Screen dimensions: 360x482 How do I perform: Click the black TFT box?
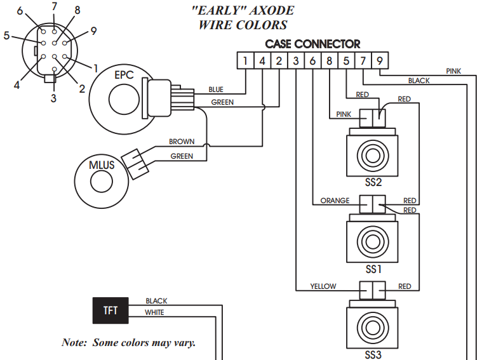(x=110, y=311)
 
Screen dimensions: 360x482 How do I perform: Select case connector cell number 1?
(x=245, y=62)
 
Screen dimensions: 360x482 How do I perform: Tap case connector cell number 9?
(x=379, y=62)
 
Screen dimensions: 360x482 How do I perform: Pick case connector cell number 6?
(x=312, y=62)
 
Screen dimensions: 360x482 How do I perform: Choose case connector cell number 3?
(x=296, y=62)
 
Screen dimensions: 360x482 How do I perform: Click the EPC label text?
(x=124, y=75)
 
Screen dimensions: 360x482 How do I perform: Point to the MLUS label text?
(x=102, y=165)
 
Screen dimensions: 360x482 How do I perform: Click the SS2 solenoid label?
(x=373, y=183)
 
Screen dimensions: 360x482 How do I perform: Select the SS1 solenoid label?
(x=373, y=269)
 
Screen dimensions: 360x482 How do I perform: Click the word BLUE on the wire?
(x=217, y=90)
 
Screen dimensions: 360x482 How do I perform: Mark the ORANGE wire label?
(x=335, y=201)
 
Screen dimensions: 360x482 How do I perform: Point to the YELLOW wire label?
(x=323, y=286)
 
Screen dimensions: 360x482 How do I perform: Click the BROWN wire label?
(x=182, y=142)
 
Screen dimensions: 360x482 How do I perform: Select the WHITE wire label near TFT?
(x=154, y=312)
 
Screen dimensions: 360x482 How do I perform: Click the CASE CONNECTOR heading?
(x=312, y=44)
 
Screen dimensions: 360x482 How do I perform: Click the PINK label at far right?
(x=453, y=71)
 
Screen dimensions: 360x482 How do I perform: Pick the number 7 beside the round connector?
(x=55, y=7)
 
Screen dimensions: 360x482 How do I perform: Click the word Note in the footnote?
(x=74, y=342)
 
